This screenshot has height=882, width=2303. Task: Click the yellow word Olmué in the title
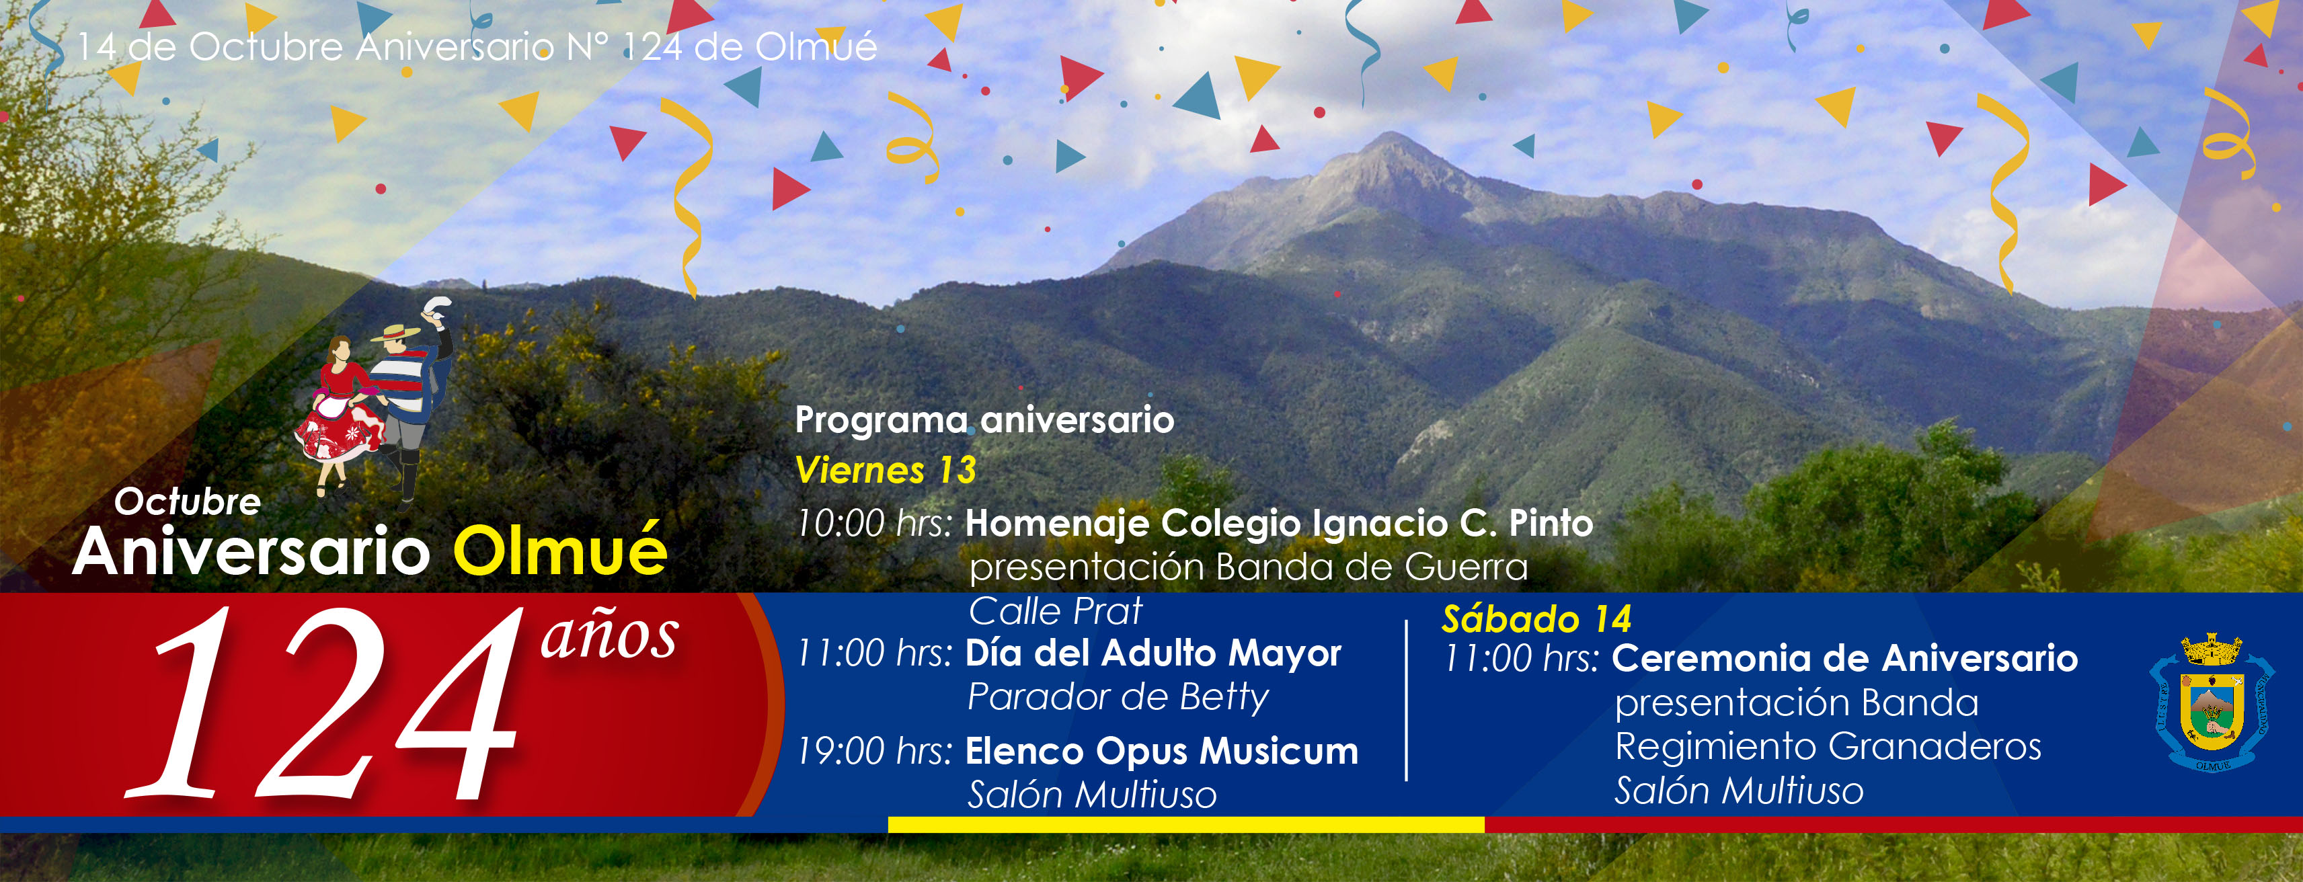click(561, 551)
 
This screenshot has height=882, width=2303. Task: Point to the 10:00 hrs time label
click(874, 524)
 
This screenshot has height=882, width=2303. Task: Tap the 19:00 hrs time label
click(874, 752)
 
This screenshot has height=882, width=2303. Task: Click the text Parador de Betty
click(1118, 698)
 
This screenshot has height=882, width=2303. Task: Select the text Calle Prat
click(1055, 611)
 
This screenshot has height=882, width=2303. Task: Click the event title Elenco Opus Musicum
click(1161, 752)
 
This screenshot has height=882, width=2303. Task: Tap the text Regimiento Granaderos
click(1828, 746)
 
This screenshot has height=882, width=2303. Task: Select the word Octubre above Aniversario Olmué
click(188, 502)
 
